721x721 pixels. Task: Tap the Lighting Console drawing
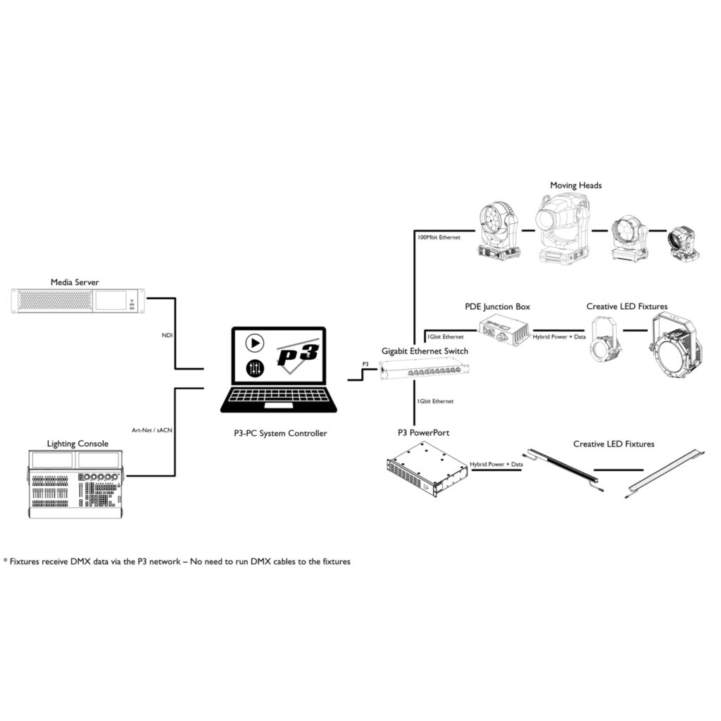(75, 485)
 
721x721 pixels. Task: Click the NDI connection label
(167, 335)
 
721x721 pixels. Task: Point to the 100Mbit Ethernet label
(439, 237)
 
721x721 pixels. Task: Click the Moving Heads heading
(575, 185)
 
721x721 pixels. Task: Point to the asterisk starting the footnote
(6, 561)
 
